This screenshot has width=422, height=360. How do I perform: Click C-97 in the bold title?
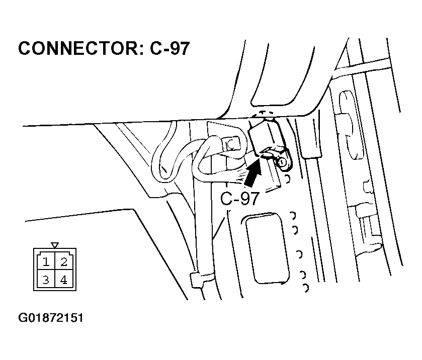(170, 49)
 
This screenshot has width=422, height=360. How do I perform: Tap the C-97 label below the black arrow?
(239, 199)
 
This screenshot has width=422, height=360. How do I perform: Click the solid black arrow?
(253, 172)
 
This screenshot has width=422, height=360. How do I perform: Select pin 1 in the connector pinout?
(46, 262)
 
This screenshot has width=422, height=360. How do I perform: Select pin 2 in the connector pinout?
(64, 262)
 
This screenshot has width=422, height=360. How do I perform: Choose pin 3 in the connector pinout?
(46, 280)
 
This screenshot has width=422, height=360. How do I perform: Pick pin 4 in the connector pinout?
(64, 280)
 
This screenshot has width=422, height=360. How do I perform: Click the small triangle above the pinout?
(55, 245)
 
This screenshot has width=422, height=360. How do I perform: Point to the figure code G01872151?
(51, 318)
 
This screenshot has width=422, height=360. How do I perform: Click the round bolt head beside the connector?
(282, 162)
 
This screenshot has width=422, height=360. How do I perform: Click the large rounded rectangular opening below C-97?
(267, 248)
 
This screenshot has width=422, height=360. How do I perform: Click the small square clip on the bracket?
(231, 144)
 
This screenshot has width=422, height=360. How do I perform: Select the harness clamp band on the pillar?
(202, 281)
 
